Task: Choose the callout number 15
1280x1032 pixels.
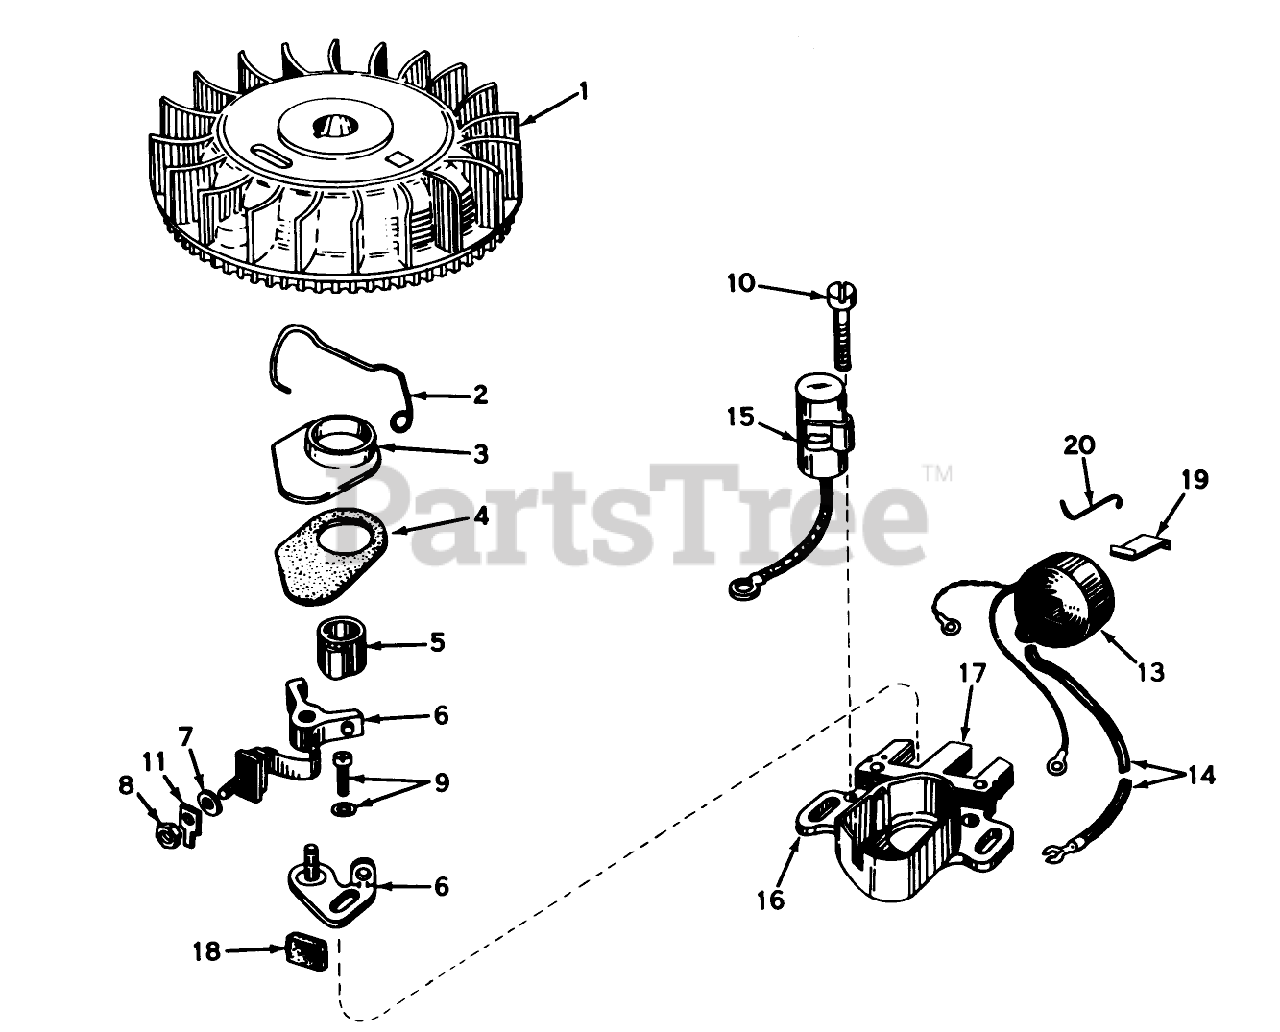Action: click(741, 415)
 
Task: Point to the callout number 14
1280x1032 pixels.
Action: click(1203, 776)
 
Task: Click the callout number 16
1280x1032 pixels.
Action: click(771, 899)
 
